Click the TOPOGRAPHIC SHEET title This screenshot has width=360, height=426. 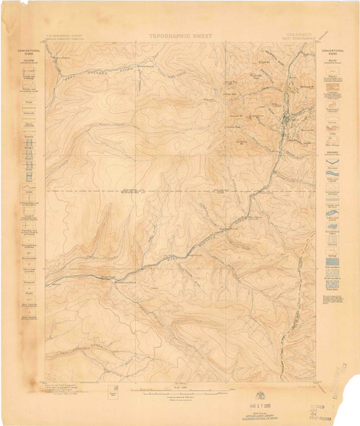[x=179, y=34]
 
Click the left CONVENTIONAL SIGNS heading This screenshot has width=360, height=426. [x=24, y=52]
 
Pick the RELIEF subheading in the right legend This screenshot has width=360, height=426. [x=336, y=63]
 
